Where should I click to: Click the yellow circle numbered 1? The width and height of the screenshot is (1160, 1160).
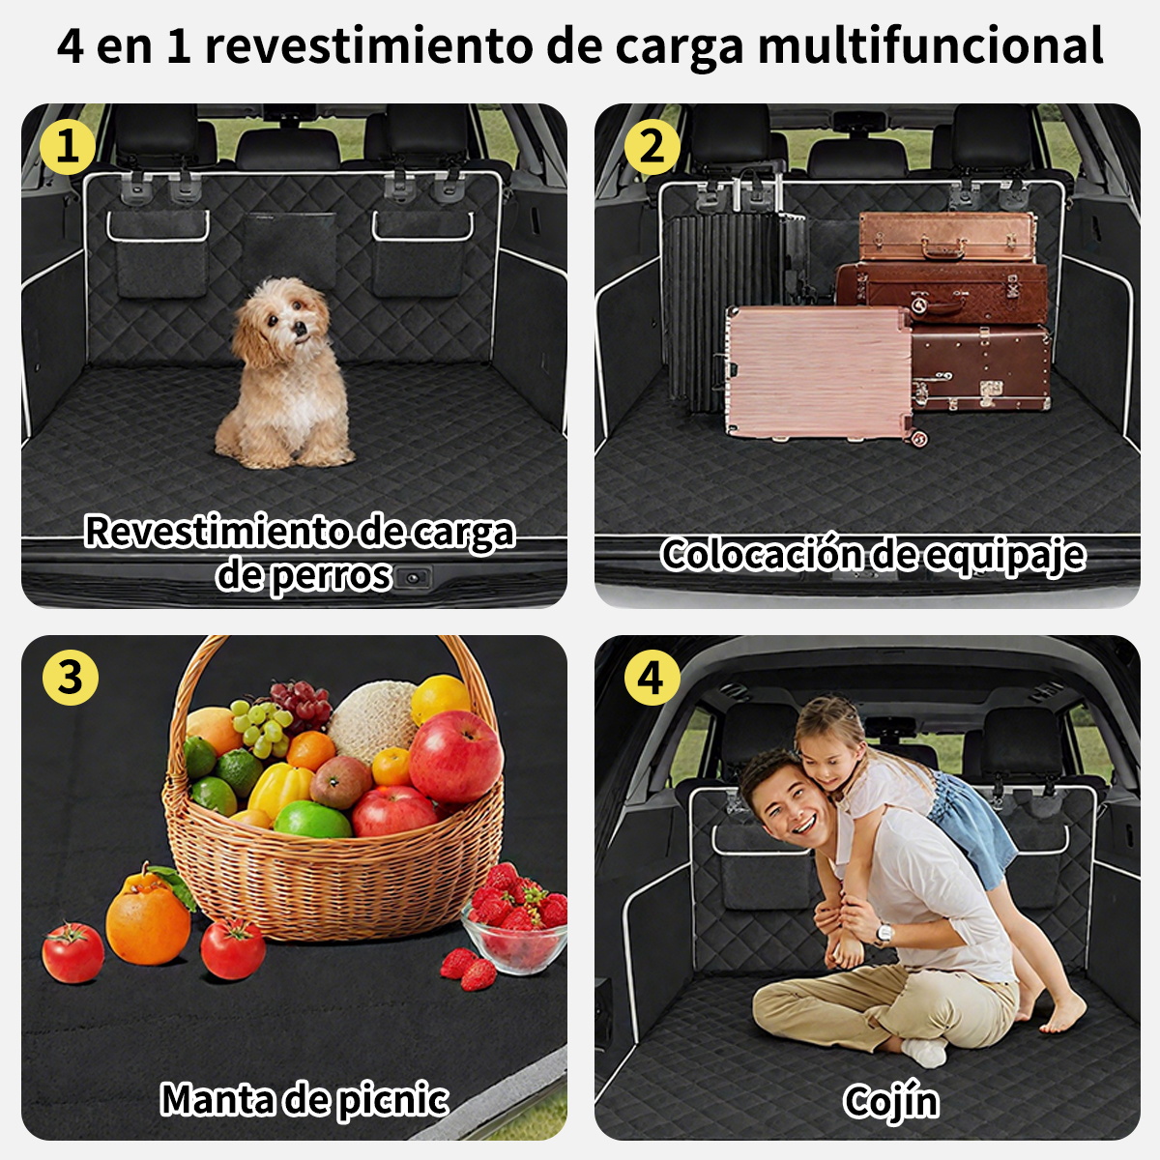click(x=67, y=148)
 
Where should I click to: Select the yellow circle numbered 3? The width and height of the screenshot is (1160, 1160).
click(x=70, y=678)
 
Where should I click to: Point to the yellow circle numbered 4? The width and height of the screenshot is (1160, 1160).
click(x=652, y=678)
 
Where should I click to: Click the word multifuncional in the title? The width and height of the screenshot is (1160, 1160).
click(x=931, y=46)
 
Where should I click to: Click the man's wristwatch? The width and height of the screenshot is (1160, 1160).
click(x=884, y=934)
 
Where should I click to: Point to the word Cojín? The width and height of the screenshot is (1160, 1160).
click(x=891, y=1101)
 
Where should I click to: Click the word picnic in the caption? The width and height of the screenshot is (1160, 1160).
click(x=392, y=1099)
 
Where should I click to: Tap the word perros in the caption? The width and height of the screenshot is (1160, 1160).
click(x=331, y=575)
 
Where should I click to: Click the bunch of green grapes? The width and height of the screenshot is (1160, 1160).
click(x=261, y=729)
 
